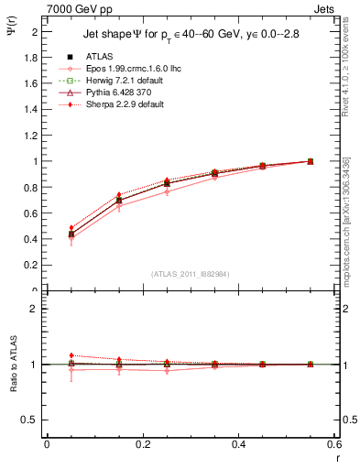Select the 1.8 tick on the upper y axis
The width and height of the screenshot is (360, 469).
[x=32, y=57]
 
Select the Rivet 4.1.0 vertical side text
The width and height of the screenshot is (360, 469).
[x=350, y=66]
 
